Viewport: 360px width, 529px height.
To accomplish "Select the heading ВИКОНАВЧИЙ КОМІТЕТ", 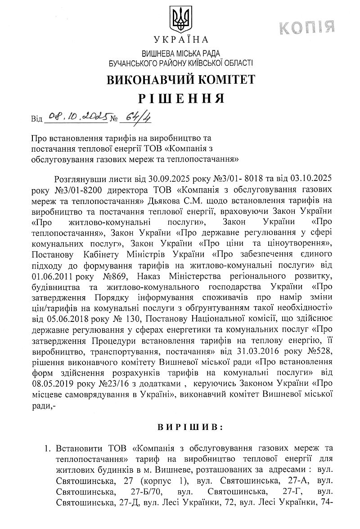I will [180, 80].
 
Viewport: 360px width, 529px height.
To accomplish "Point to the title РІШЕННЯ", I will [180, 99].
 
